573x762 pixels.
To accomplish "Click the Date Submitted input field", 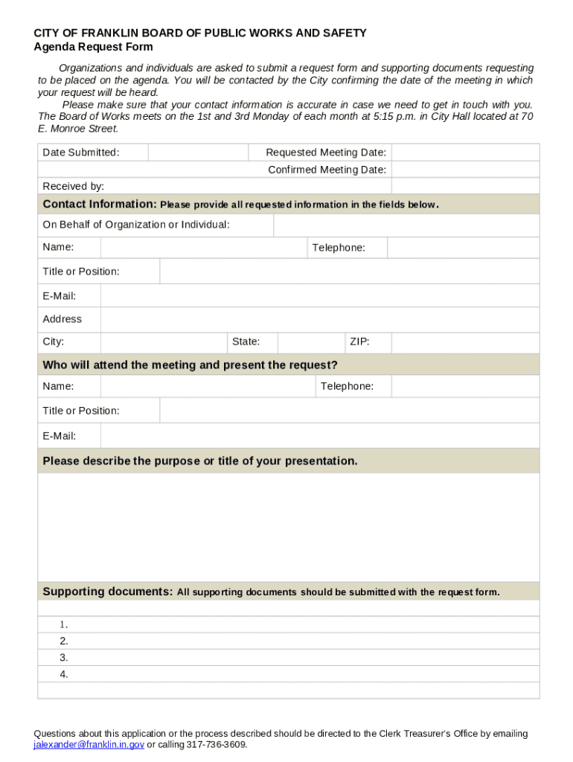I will click(198, 153).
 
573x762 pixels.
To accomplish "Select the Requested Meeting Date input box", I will click(465, 153).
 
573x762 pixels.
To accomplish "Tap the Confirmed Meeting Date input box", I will click(465, 170).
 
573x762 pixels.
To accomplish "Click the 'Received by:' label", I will click(73, 186).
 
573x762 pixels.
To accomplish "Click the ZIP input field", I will click(465, 342).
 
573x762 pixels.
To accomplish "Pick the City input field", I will click(164, 342).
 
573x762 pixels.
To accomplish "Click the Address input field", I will click(320, 319).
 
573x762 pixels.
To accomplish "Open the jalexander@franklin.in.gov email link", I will click(89, 744).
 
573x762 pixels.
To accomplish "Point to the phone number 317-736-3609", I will click(216, 744).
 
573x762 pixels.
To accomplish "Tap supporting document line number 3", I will click(298, 658).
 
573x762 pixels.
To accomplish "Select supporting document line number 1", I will click(298, 624).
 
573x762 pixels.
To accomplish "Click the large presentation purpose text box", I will click(288, 527).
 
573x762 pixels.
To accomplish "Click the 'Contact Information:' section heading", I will click(100, 205).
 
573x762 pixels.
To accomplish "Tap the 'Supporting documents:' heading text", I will click(108, 592).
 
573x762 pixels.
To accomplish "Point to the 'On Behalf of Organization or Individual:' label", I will click(136, 225).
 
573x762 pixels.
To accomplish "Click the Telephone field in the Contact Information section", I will click(463, 248).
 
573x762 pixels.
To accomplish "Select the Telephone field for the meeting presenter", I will click(465, 386).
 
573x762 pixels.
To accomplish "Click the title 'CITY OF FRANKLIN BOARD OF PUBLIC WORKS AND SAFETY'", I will click(199, 33).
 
